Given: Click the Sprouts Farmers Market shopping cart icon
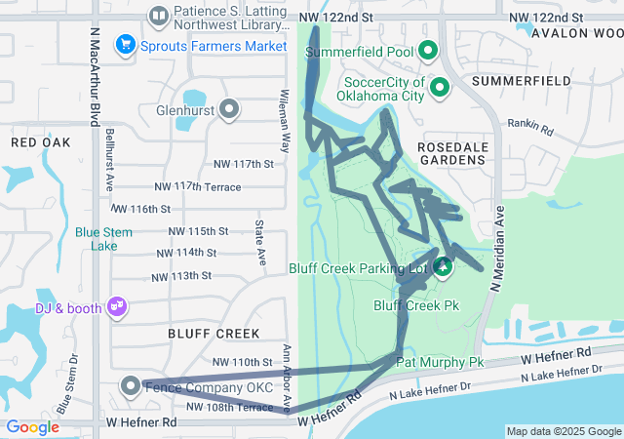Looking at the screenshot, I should click(125, 44).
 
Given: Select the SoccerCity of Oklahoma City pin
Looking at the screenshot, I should click(440, 89).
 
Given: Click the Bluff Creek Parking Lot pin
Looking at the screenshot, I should click(444, 267).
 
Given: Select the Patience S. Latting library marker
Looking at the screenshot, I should click(158, 17).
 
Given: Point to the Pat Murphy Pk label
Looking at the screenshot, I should click(439, 362).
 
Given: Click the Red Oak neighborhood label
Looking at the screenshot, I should click(41, 142).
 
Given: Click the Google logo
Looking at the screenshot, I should click(32, 427).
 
